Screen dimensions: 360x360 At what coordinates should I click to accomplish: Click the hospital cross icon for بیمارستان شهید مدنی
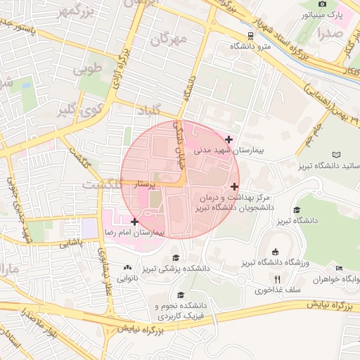229,139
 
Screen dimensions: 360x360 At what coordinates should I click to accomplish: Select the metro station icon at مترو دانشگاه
251,36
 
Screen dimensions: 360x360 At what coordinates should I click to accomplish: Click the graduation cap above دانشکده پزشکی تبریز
175,257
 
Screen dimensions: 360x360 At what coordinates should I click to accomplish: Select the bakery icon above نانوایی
127,267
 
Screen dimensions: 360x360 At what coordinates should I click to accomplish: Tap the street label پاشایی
69,243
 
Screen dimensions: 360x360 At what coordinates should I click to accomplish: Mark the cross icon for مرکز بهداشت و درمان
234,186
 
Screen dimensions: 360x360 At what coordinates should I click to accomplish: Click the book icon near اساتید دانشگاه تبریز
337,154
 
